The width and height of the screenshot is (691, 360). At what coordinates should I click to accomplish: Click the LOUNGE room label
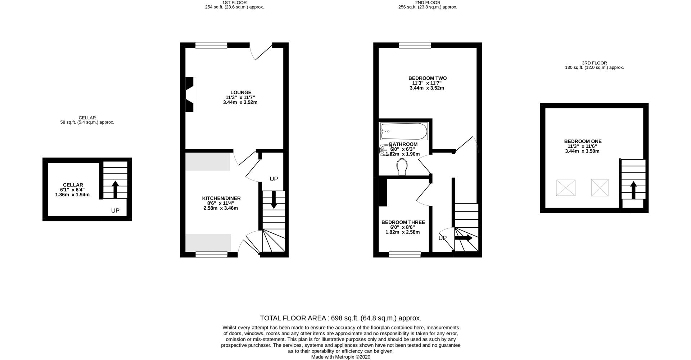(x=241, y=93)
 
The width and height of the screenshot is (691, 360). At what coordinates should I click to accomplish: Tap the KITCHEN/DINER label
(x=221, y=199)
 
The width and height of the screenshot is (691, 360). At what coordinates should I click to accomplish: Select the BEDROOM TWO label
(x=427, y=78)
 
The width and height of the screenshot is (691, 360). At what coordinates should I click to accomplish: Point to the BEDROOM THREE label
(x=403, y=223)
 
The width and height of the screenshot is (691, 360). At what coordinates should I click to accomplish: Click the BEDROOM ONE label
(x=583, y=142)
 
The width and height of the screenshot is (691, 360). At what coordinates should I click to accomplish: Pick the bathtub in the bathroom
(x=404, y=131)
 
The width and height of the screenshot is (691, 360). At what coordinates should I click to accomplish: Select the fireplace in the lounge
(x=190, y=95)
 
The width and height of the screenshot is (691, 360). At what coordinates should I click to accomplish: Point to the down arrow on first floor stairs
(x=274, y=200)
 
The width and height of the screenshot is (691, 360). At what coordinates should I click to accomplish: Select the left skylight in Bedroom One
(x=565, y=188)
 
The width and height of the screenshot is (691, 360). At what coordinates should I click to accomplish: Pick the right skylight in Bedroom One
(x=600, y=188)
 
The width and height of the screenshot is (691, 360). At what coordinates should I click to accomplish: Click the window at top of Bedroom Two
(x=415, y=45)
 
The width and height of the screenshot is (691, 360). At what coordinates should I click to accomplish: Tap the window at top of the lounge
(x=211, y=45)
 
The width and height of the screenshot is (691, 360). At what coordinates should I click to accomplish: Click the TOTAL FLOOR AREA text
(x=340, y=318)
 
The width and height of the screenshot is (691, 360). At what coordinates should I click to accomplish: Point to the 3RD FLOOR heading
(x=594, y=63)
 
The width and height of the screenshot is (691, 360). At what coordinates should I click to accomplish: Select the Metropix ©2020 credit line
(x=340, y=357)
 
